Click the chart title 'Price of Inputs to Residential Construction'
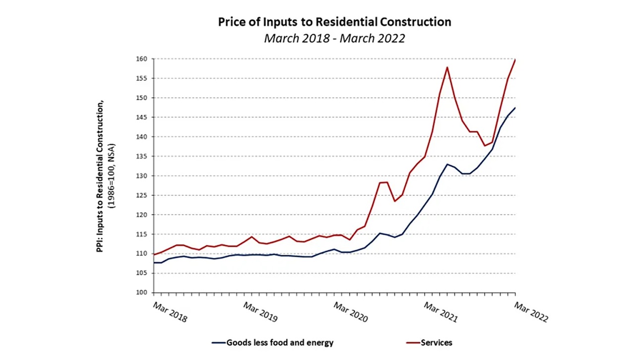point(334,22)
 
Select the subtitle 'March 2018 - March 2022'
point(334,38)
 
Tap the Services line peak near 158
point(448,67)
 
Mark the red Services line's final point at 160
point(515,60)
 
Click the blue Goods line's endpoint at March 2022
point(515,108)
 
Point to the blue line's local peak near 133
point(448,164)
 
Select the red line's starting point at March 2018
point(154,254)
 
